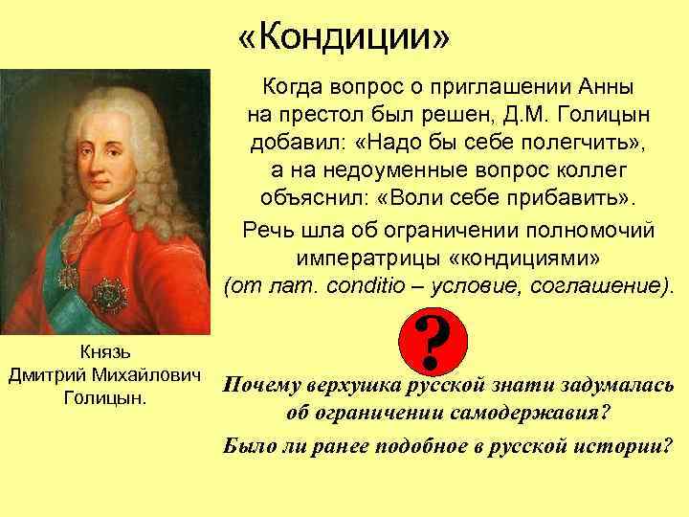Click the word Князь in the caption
[105, 350]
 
